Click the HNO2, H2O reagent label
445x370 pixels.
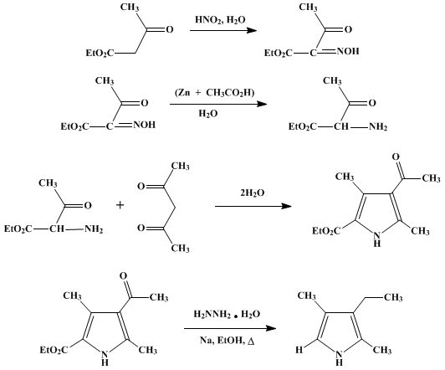220,20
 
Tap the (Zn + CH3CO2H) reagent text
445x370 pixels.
214,93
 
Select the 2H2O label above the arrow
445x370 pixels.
253,193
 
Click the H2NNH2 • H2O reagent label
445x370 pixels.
227,315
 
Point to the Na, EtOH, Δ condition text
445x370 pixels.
227,340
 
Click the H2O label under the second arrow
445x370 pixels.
208,114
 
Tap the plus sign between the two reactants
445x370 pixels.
120,205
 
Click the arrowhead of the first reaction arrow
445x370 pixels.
252,30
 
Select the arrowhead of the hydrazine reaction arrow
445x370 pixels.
271,328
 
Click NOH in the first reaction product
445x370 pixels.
348,51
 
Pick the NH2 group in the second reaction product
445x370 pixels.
378,126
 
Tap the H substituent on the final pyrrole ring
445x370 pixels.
299,350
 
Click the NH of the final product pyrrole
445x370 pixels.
339,357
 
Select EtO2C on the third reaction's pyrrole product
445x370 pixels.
326,231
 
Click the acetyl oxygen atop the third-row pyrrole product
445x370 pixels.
396,157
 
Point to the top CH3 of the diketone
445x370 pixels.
180,167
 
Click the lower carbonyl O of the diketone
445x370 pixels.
141,228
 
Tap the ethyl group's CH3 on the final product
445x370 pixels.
393,297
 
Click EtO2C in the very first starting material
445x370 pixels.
100,53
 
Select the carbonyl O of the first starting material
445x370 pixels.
170,29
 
